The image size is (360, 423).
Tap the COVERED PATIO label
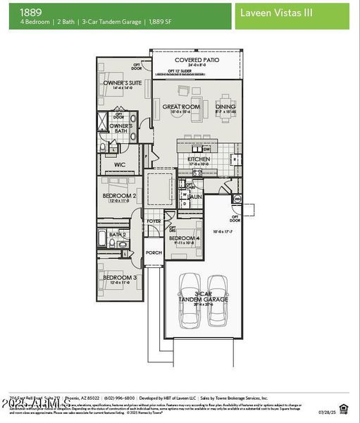coord(197,60)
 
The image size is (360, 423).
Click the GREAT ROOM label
coord(181,107)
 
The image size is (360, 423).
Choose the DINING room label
coord(225,107)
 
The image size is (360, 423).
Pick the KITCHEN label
coord(198,159)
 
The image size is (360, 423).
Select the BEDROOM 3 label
coord(119,277)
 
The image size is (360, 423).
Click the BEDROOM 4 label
coord(184,239)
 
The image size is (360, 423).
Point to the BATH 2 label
coord(117,234)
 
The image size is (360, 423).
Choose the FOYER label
coord(153,221)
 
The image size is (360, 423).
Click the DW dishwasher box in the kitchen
coord(206,149)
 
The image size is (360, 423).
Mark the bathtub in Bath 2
coord(103,239)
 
